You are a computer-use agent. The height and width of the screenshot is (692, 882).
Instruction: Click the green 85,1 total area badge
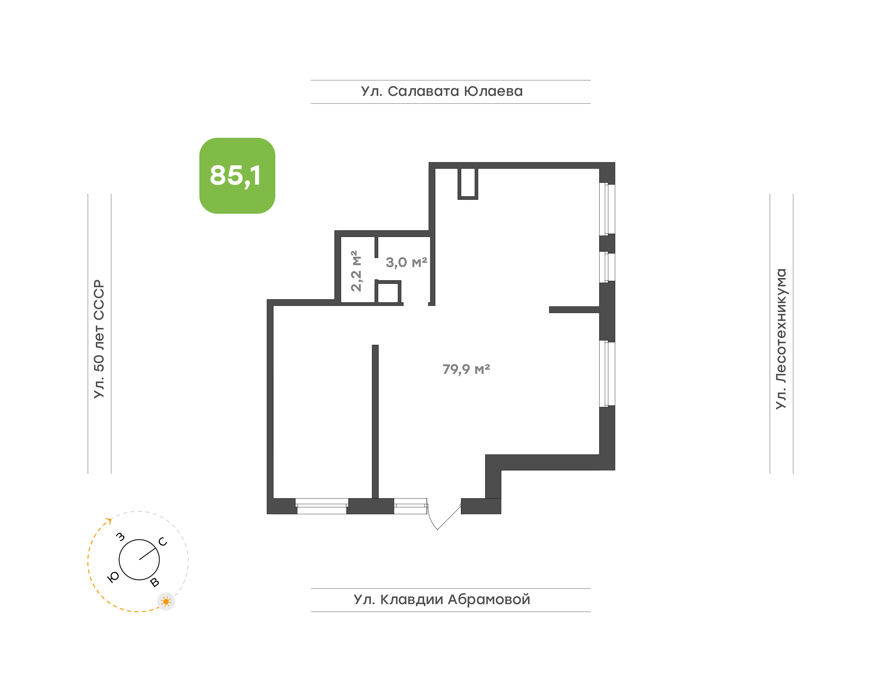tap(237, 175)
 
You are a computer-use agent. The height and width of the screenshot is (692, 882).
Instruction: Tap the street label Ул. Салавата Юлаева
tap(442, 92)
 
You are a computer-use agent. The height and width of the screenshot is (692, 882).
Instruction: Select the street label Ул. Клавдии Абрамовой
tap(442, 600)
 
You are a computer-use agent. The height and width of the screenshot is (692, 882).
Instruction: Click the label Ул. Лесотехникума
tap(781, 339)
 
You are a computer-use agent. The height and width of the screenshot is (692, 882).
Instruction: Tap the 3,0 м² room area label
tap(406, 262)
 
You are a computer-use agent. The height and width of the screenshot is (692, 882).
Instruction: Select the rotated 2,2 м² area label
tap(356, 271)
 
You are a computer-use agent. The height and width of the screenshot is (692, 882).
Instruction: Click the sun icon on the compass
tap(166, 602)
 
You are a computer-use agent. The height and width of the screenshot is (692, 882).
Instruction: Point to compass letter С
tap(163, 542)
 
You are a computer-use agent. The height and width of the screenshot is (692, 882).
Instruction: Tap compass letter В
tap(154, 583)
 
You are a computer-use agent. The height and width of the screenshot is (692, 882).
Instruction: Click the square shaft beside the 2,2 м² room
tap(388, 292)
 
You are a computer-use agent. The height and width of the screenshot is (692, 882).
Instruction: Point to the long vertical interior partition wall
tap(375, 421)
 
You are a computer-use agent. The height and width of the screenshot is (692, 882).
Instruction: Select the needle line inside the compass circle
tap(148, 554)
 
